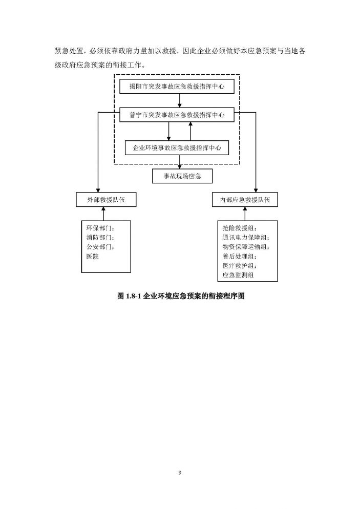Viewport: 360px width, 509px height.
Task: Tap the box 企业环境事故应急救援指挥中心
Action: [177, 148]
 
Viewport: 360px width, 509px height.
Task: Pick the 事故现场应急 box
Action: [180, 176]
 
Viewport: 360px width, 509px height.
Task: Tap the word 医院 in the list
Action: [93, 256]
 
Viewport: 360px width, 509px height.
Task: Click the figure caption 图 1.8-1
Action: [179, 296]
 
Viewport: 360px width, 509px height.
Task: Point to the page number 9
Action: [180, 473]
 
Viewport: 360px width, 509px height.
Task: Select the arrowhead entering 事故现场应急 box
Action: [180, 166]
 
